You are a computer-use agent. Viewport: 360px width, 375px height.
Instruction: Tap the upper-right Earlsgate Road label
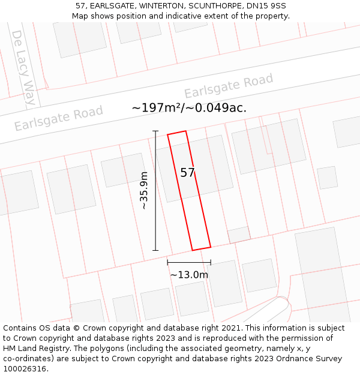click(229, 86)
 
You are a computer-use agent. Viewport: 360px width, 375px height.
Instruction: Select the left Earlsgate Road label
click(59, 118)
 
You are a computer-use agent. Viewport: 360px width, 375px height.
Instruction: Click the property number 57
click(187, 173)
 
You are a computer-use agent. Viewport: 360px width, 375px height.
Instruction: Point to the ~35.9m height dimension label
click(144, 190)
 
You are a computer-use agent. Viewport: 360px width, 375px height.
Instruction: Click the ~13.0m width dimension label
click(189, 275)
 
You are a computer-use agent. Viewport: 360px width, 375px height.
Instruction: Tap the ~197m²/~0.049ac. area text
click(189, 108)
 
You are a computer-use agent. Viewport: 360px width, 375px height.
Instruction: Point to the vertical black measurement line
click(155, 190)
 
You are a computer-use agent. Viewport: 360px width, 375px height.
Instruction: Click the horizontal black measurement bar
click(189, 262)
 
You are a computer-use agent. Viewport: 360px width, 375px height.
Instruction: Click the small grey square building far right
click(327, 178)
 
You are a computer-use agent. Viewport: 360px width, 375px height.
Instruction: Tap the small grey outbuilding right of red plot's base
click(239, 235)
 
